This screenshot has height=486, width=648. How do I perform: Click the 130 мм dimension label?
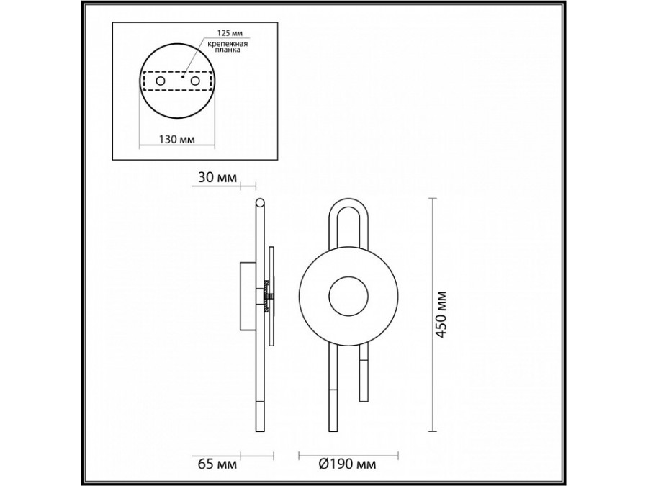coord(177,139)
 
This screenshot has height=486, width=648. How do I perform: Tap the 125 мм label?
coord(230,32)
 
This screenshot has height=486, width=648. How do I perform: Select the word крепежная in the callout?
coord(228,44)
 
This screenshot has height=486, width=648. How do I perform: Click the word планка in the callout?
coord(227,50)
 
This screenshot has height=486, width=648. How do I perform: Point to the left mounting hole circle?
coord(160,81)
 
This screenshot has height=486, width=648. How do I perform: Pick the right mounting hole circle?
coord(195,81)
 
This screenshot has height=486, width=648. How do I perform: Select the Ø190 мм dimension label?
coord(347,464)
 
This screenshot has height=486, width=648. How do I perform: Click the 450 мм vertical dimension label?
coord(442,315)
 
